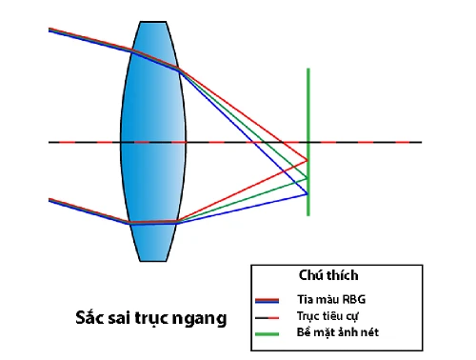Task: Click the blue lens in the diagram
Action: coord(151,142)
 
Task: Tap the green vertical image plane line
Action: coord(307,105)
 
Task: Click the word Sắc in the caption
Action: coord(92,317)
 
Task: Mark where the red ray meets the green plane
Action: coord(307,160)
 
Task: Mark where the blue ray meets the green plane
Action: coord(307,193)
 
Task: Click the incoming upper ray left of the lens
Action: coord(86,38)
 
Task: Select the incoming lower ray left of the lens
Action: coord(86,210)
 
